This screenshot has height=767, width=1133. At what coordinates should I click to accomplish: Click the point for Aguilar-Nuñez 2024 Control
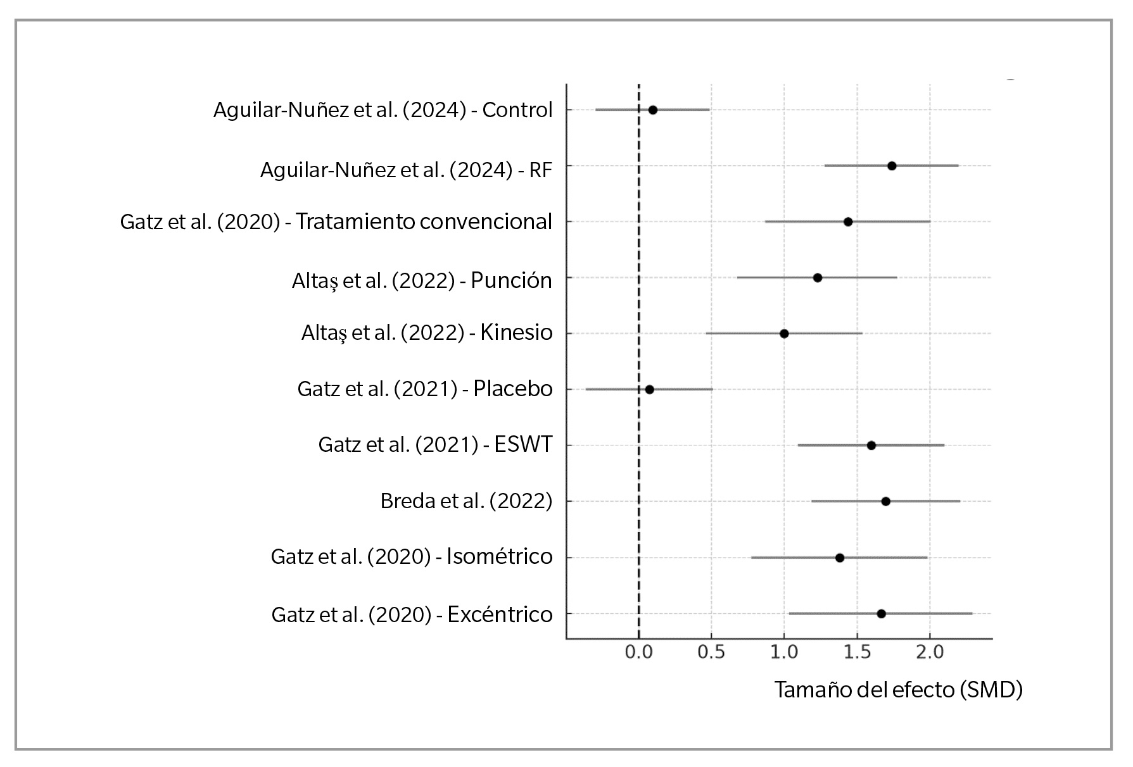coord(653,110)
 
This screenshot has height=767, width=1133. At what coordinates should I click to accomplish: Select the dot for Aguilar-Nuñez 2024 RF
coord(892,166)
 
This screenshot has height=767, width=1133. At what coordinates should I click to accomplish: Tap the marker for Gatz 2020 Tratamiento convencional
coord(848,222)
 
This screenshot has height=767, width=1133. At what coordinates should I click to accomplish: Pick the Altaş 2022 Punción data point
coord(818,278)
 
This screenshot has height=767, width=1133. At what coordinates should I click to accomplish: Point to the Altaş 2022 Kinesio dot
coord(784,334)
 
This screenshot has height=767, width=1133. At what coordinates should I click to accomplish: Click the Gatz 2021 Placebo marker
coord(649,389)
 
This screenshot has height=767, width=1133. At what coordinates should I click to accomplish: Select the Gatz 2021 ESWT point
coord(871,446)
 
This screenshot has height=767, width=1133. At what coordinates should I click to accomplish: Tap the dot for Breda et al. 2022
coord(886,501)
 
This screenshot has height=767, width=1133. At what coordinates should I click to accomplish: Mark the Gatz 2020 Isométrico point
coord(840,558)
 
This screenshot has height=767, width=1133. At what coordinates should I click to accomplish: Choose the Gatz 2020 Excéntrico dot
coord(881,614)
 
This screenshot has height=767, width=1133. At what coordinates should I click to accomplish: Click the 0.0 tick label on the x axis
coord(639,652)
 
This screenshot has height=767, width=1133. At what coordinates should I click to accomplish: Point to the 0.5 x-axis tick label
coord(711,652)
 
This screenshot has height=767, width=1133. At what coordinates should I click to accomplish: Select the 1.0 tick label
coord(784,652)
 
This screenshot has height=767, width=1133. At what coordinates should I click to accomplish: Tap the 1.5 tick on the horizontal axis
coord(857,652)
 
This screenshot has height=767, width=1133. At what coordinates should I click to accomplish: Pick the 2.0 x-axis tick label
coord(930,652)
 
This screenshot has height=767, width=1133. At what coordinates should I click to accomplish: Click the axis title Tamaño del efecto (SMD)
coord(898,689)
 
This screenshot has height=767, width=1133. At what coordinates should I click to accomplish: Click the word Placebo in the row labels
coord(513,389)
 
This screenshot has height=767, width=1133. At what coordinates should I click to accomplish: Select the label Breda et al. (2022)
coord(466,501)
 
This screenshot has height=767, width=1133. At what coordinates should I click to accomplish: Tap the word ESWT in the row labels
coord(523,445)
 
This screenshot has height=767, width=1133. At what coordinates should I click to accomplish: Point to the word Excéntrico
coord(500,614)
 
